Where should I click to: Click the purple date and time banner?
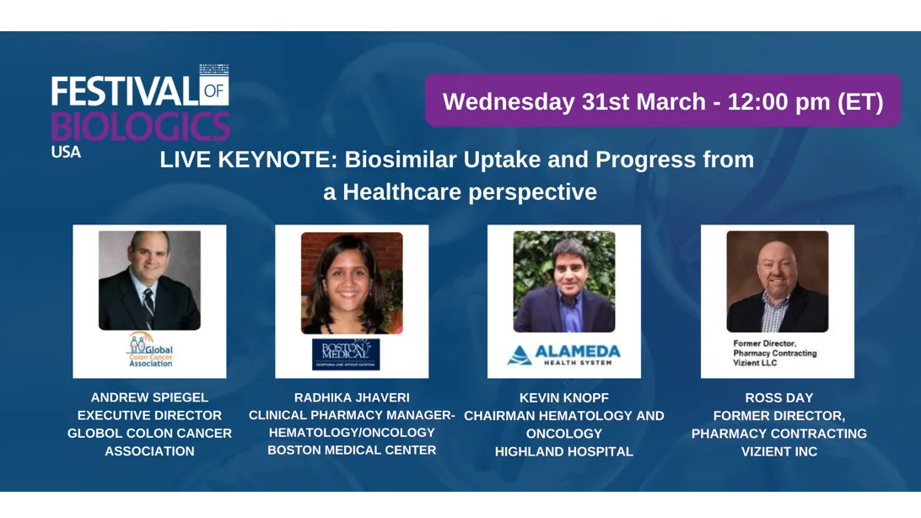click(663, 101)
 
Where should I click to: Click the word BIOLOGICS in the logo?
click(140, 127)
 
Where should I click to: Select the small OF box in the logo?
click(214, 89)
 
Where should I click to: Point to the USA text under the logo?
click(66, 153)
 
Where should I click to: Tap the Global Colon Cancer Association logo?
click(149, 350)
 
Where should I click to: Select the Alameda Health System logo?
click(563, 354)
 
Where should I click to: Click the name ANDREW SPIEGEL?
click(149, 397)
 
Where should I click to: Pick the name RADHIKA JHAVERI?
click(352, 397)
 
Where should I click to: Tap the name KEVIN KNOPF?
click(563, 397)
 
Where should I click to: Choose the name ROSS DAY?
click(778, 397)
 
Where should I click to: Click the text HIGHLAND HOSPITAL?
click(563, 451)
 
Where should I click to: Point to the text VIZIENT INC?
click(778, 451)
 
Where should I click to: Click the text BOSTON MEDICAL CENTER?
click(352, 450)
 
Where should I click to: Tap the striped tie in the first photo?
click(148, 306)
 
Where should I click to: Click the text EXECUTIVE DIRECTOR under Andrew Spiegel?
click(149, 415)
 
